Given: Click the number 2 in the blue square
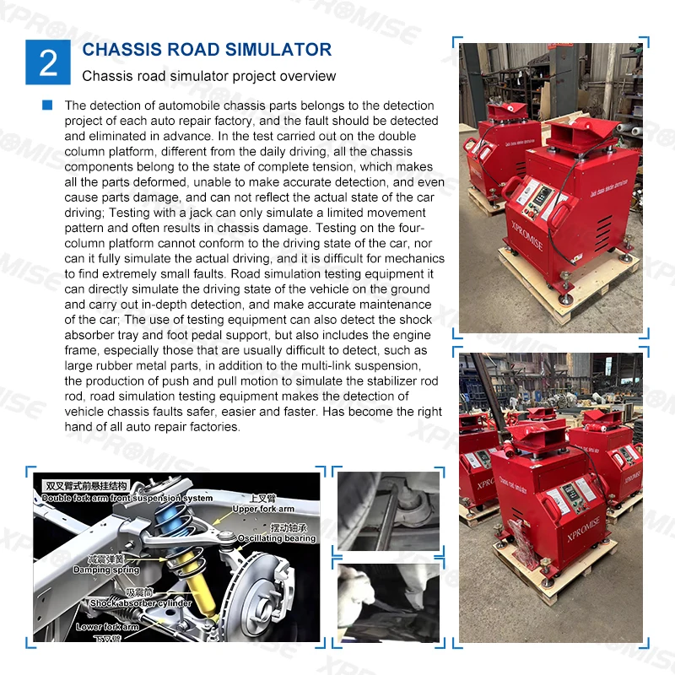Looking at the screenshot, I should point(48,62).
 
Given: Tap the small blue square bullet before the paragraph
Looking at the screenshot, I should point(47,105).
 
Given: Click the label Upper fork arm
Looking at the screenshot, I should point(262,509).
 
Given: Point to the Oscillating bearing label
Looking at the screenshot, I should point(276,538).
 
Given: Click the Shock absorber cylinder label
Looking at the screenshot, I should point(141,602).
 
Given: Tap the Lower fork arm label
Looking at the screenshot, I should point(107,627).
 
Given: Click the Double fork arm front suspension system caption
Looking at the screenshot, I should point(127,497).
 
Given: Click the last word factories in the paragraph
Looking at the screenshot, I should point(213,427).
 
